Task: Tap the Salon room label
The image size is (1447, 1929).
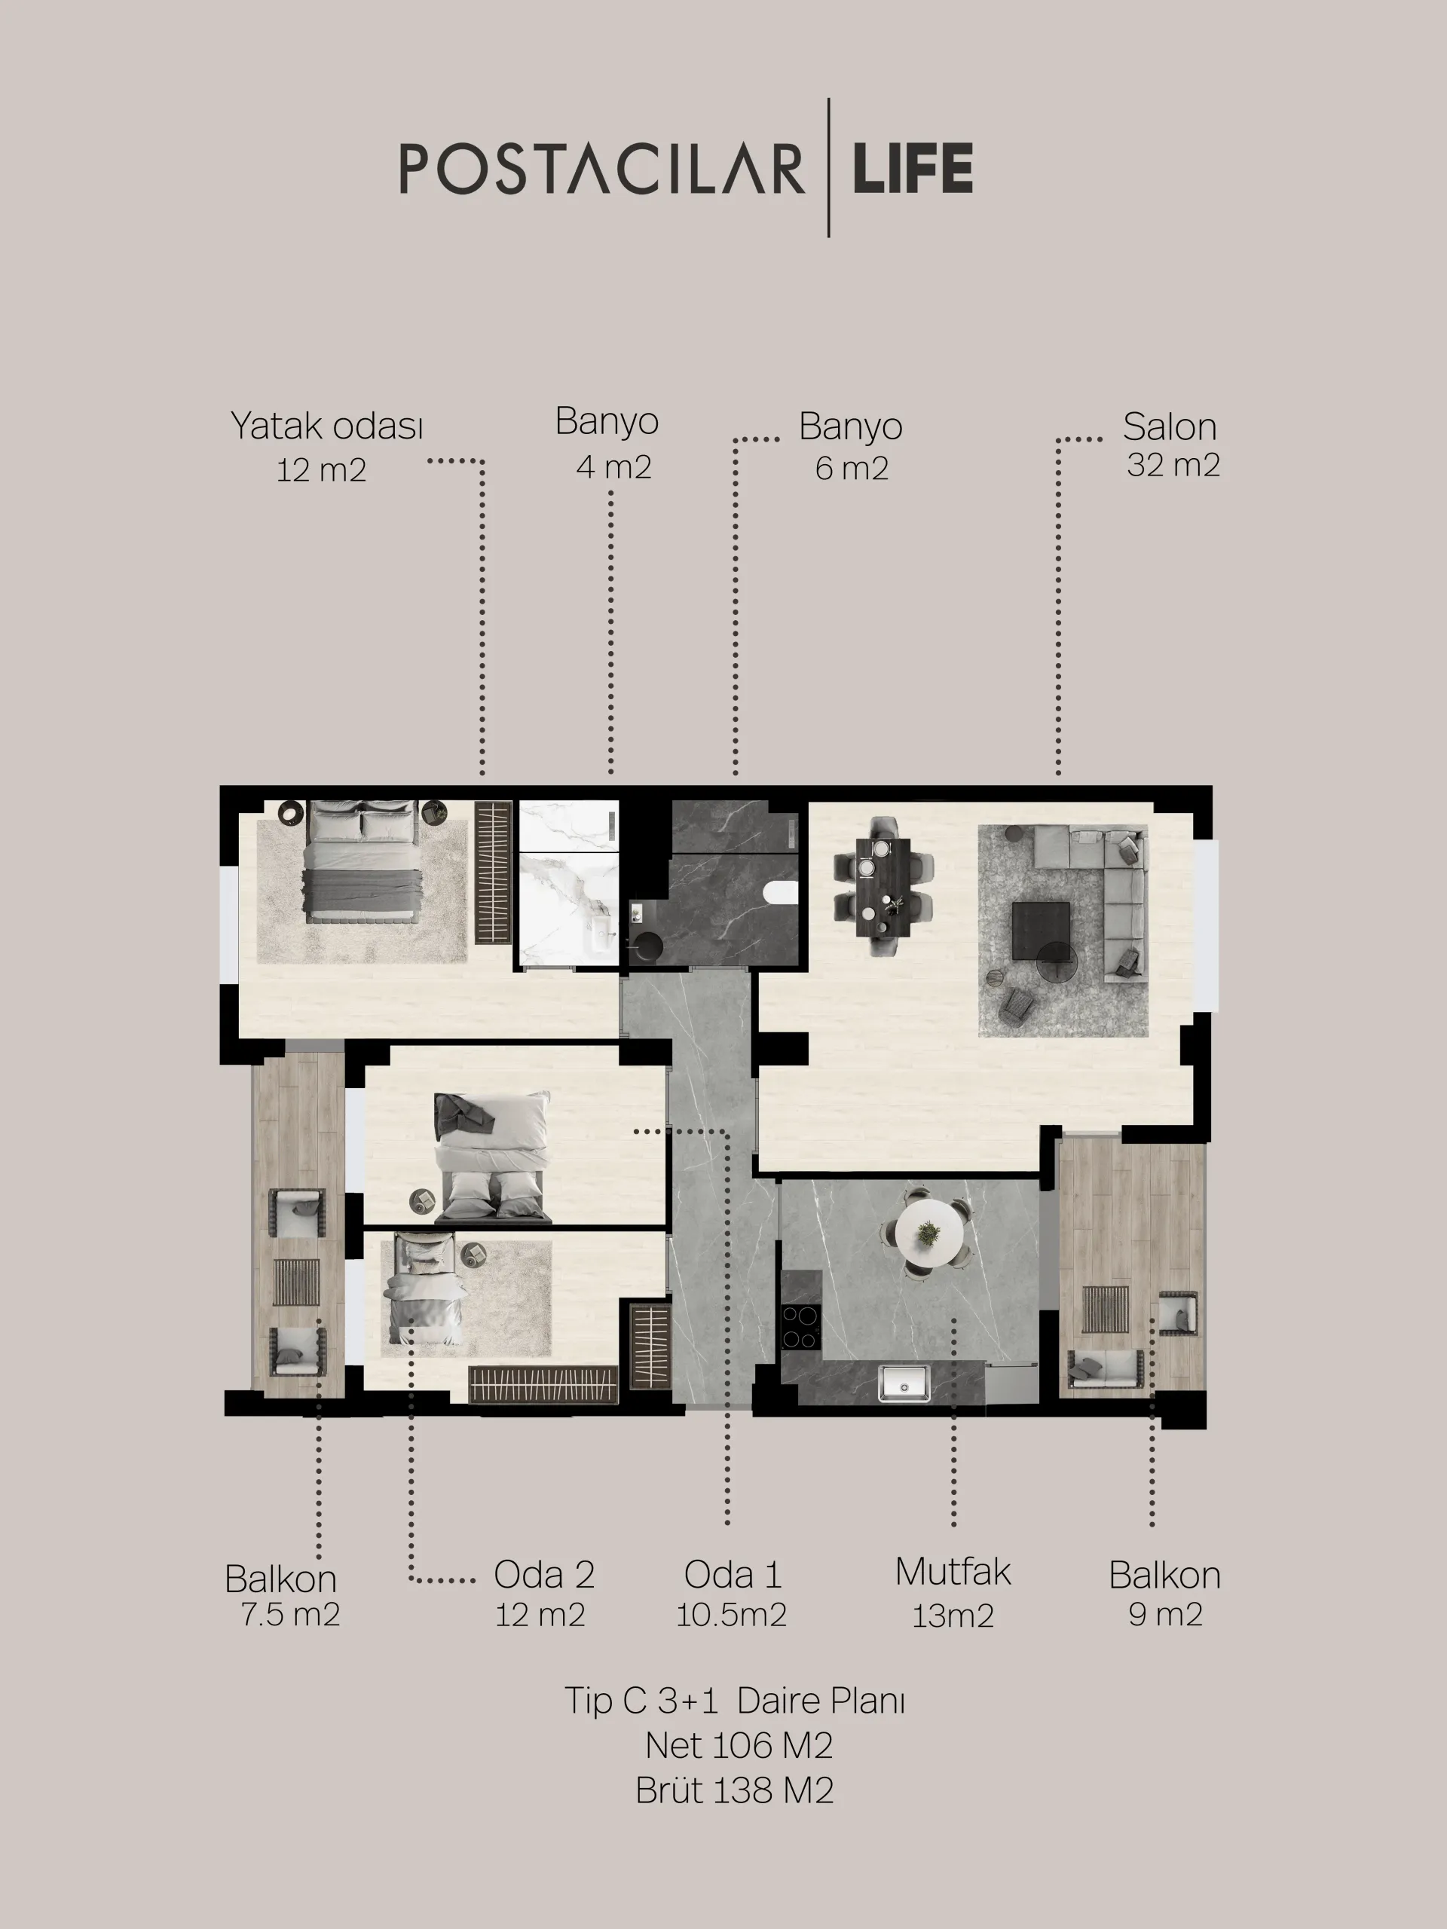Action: pos(1170,426)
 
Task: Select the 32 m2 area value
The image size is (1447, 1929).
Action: pos(1173,465)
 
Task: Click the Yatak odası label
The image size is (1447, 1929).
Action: pos(327,426)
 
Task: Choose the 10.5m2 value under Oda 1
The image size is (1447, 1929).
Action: pos(732,1615)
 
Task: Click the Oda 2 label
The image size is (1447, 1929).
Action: pos(544,1574)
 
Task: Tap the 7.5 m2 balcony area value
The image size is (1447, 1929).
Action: pos(290,1614)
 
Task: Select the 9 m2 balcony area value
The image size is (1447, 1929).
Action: pos(1165,1614)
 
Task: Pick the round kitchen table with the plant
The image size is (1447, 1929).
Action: pos(930,1232)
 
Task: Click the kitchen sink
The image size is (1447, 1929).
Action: pos(904,1384)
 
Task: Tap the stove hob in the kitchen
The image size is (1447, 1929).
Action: pos(800,1327)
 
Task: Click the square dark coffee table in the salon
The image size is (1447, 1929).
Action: pos(1042,931)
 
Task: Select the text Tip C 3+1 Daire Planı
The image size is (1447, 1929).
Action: pos(734,1701)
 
